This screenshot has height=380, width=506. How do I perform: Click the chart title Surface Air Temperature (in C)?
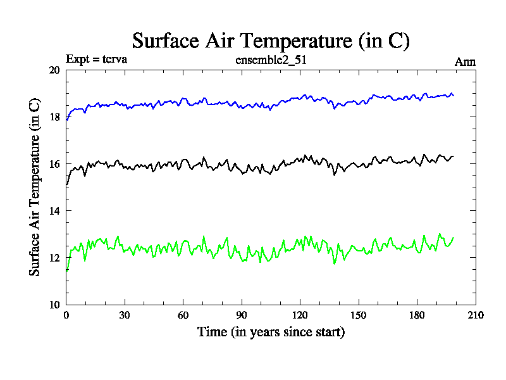point(271,41)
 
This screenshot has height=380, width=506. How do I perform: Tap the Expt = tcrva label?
point(97,61)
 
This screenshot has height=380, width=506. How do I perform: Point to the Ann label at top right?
point(465,61)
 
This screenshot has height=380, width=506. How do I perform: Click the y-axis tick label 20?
point(54,70)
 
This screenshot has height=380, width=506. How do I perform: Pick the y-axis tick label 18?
point(54,117)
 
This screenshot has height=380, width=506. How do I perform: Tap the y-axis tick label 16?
point(54,164)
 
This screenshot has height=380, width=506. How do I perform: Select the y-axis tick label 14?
point(54,211)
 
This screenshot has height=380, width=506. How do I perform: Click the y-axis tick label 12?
point(54,258)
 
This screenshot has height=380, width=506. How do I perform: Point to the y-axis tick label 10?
point(54,305)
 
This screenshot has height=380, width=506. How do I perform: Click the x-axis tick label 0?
point(66,315)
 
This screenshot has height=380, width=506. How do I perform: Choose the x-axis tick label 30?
point(125,315)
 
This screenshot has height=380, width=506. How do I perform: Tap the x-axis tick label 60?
point(183,315)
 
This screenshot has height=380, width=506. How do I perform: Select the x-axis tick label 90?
point(242,315)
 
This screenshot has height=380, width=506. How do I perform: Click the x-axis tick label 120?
point(300,315)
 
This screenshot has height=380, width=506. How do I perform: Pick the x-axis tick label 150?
point(359,315)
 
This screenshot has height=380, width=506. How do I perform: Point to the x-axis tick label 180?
point(417,315)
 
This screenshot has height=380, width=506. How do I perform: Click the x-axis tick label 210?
point(475,315)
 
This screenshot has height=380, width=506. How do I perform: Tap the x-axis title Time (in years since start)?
point(271,332)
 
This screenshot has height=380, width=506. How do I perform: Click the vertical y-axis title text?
point(35,187)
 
